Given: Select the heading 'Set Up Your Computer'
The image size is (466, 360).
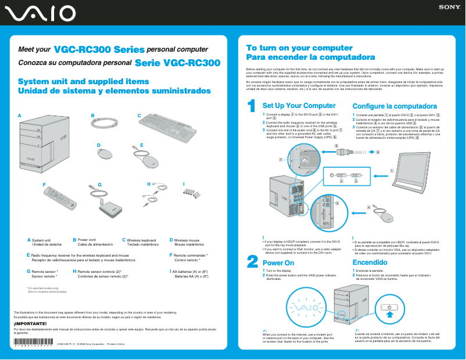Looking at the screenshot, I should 299,106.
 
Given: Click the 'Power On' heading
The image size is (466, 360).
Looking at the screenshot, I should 278,262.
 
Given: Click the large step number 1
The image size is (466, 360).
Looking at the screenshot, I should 252,107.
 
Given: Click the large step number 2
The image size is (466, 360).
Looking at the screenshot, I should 252,262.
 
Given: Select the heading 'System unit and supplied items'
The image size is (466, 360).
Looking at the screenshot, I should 76,81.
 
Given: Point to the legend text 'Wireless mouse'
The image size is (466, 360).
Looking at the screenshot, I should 187,239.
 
